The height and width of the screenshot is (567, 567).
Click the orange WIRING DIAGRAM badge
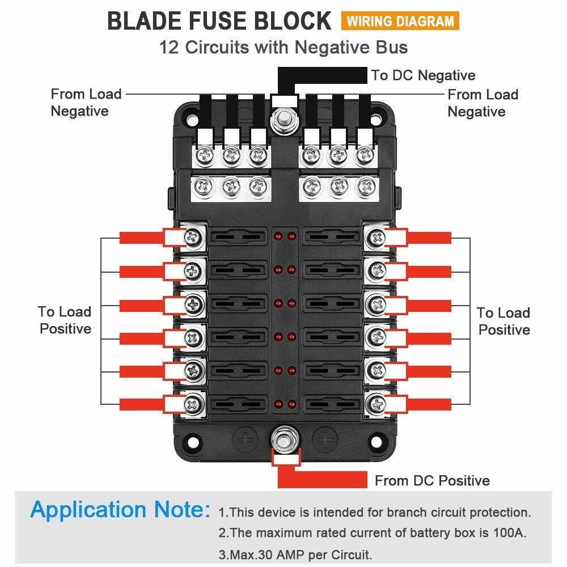tap(400, 21)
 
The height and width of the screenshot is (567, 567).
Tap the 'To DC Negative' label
tap(423, 75)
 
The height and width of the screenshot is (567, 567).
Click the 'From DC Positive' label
tap(432, 481)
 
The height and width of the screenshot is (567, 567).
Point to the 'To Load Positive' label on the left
tap(65, 320)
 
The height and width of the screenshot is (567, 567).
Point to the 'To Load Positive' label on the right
tap(503, 321)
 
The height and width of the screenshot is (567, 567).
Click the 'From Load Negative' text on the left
tap(86, 102)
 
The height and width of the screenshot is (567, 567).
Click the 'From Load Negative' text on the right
tap(483, 103)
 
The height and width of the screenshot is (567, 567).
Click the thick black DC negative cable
tap(323, 74)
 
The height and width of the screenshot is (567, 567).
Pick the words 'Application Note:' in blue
tap(120, 510)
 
